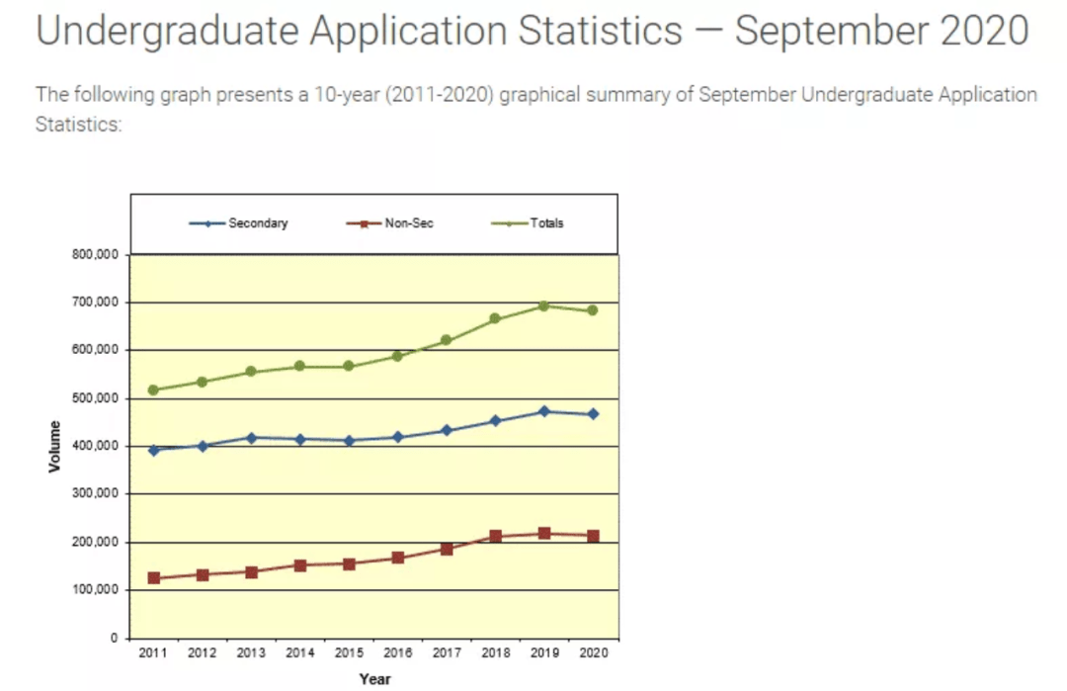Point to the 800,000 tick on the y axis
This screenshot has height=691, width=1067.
tap(95, 255)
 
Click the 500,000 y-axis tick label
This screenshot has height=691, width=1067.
tap(95, 398)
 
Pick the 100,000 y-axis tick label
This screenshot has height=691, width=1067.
tap(95, 590)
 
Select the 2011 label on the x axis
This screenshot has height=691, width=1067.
tap(152, 653)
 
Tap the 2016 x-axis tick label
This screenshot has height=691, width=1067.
tap(398, 653)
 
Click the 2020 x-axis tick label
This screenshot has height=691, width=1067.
tap(593, 653)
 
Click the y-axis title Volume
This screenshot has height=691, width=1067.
tap(54, 446)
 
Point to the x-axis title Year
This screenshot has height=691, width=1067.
tap(374, 679)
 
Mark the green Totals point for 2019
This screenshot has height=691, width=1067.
tap(543, 305)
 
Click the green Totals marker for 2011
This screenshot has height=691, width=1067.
tap(153, 389)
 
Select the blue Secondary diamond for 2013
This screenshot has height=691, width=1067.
tap(251, 437)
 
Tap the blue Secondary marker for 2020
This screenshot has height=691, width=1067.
tap(593, 414)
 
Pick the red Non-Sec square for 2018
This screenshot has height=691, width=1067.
tap(495, 537)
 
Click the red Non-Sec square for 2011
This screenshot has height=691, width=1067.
tap(153, 578)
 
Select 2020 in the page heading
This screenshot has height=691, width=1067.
tap(982, 32)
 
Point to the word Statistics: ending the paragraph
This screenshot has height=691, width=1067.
tap(78, 126)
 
